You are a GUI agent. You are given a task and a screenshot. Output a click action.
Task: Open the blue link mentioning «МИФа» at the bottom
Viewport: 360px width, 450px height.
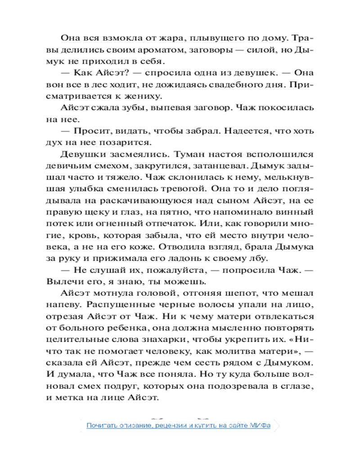click(x=179, y=426)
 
